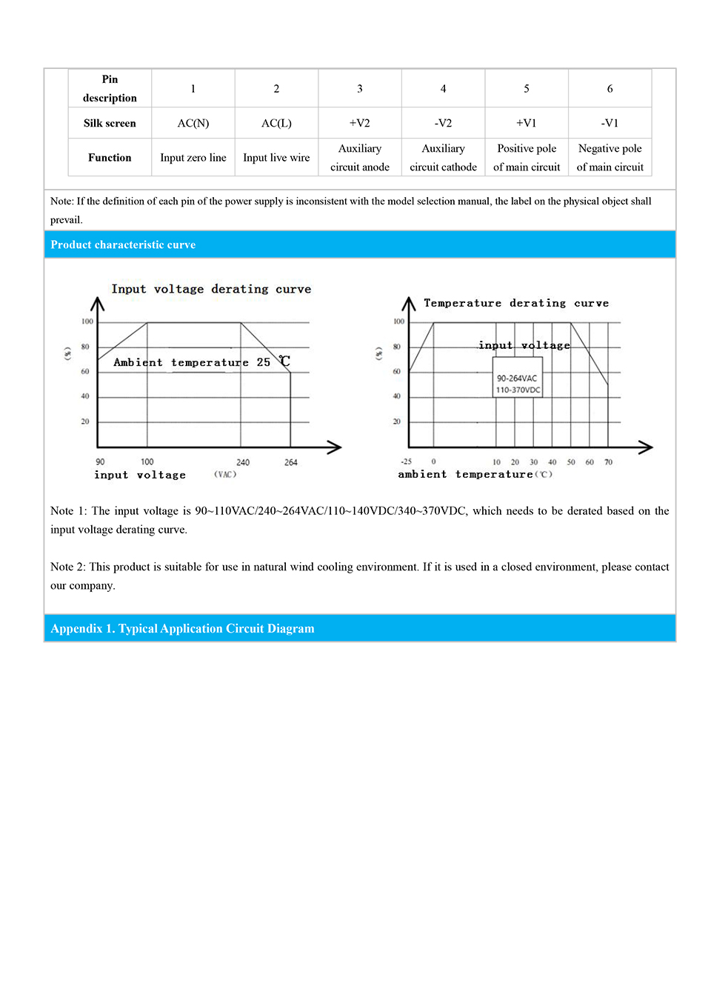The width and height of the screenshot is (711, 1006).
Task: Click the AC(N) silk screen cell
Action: coord(193,123)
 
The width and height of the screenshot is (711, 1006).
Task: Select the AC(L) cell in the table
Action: coord(276,123)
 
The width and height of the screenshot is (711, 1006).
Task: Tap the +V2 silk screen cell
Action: coord(360,123)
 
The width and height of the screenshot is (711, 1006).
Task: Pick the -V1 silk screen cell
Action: coord(610,123)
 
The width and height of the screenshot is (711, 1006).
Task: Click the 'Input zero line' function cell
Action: coord(193,158)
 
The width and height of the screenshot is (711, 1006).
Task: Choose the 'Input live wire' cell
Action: coord(276,158)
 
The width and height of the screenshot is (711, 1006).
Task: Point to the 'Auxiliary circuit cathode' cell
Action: coord(443,158)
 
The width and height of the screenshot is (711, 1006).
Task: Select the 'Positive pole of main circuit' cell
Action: coord(527,158)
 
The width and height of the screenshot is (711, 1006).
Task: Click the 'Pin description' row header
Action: coord(110,89)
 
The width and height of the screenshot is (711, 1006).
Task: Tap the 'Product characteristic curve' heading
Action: coord(123,244)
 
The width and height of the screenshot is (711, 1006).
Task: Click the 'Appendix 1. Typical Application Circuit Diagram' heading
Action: coord(182,628)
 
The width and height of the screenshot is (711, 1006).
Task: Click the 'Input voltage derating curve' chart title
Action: coord(211,289)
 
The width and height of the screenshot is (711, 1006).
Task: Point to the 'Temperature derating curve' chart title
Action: coord(516,303)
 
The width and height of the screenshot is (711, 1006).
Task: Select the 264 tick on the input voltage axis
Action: coord(290,462)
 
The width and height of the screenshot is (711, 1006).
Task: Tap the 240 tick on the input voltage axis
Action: coord(243,462)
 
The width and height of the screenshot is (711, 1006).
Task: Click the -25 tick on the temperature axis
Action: coord(407,462)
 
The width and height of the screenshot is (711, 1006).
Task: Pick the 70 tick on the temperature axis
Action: coord(608,462)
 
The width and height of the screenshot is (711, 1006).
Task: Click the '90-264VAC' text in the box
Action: coord(517,379)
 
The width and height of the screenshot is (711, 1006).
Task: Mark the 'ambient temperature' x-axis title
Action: coord(465,474)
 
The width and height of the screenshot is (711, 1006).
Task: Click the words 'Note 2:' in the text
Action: coord(68,567)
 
